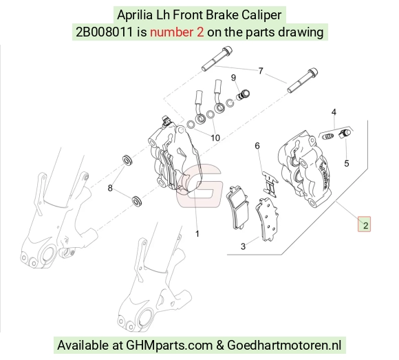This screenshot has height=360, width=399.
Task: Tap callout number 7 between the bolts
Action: [260, 71]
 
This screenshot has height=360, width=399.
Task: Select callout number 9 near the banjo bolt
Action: [233, 78]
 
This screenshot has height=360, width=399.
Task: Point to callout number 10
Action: [215, 138]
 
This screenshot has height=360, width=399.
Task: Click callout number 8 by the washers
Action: [110, 188]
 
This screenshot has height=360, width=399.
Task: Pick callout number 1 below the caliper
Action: [197, 234]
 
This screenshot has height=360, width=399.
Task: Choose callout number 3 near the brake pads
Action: [244, 246]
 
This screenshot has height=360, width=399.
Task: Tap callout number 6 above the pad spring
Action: [257, 146]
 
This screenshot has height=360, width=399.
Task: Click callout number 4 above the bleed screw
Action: [334, 112]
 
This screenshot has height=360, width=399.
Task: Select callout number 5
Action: [346, 163]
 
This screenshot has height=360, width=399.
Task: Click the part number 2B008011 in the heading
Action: [105, 32]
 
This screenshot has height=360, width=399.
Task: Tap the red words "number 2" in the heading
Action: [177, 32]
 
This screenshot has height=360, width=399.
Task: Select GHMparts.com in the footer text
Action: [169, 346]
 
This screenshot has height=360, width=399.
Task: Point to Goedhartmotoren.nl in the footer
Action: [284, 346]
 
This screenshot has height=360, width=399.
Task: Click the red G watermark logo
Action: [199, 182]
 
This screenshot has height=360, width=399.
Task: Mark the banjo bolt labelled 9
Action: [243, 95]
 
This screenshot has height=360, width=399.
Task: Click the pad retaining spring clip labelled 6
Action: [270, 183]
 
